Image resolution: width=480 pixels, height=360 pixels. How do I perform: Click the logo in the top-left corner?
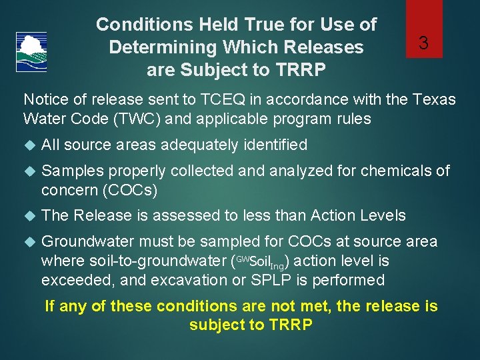[x=31, y=52]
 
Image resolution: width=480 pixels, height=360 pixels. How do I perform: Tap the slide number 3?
[x=423, y=44]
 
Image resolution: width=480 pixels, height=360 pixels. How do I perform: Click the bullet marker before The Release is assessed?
[x=28, y=216]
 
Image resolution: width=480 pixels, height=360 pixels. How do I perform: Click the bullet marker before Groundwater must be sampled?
[x=28, y=242]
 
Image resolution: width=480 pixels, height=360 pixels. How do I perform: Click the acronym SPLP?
[x=273, y=280]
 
